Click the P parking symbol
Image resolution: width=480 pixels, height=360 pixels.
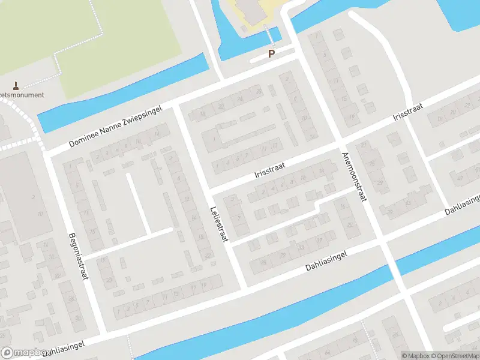(271, 54)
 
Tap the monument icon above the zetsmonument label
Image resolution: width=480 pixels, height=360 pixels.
(16, 85)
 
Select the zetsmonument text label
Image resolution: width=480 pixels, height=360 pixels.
(22, 95)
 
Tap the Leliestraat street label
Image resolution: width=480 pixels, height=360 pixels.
(219, 224)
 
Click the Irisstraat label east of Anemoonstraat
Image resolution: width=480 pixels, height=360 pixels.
(408, 112)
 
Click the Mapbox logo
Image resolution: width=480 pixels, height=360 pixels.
(25, 353)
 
